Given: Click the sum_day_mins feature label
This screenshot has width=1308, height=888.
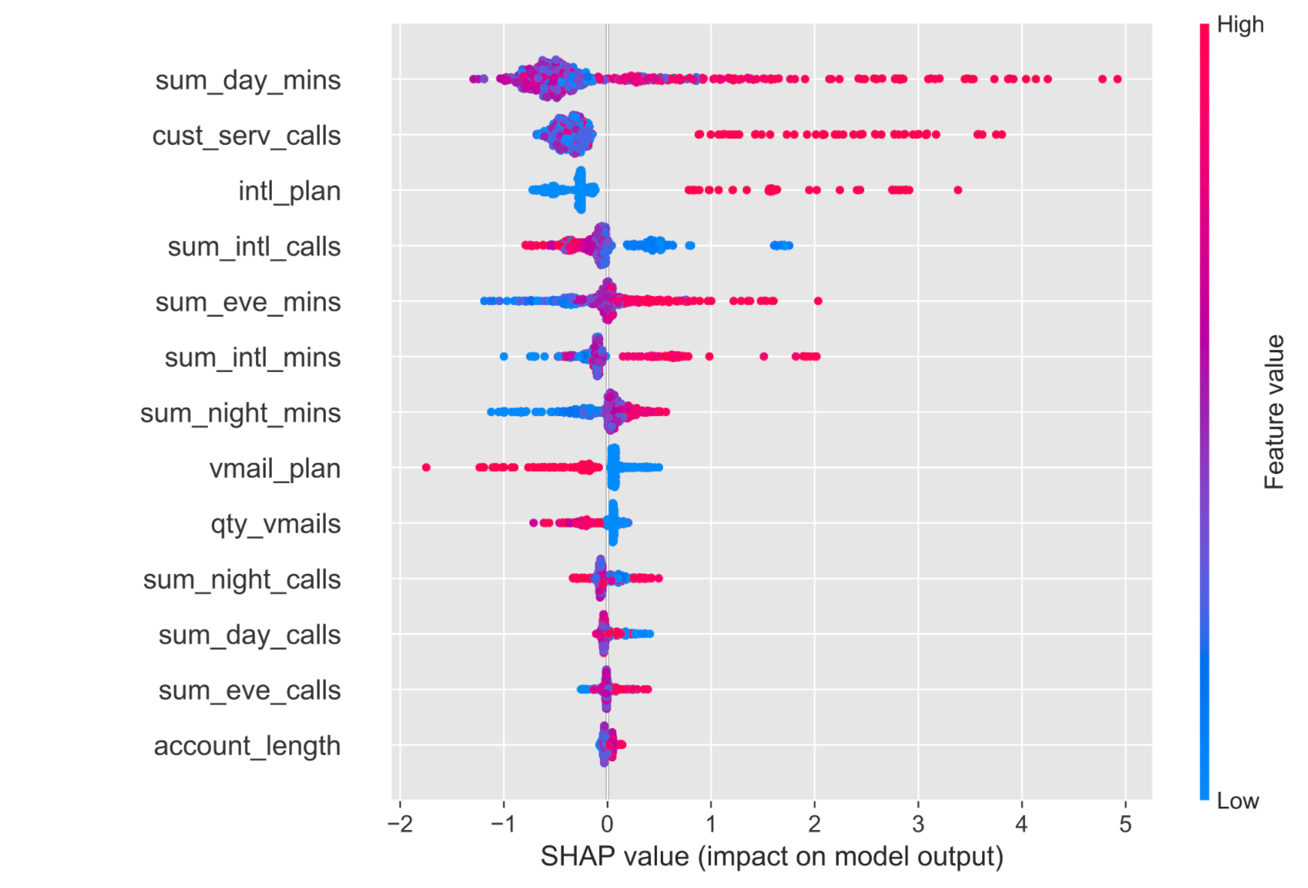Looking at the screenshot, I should [x=248, y=80].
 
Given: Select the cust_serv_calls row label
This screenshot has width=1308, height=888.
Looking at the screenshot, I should [x=246, y=136].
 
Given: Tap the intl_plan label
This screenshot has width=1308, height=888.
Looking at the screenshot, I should [x=289, y=192].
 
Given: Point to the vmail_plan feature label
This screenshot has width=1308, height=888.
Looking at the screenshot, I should [x=275, y=469].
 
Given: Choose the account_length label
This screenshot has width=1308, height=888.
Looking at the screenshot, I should [x=247, y=746].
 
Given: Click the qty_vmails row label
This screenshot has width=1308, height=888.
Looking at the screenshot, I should [x=276, y=524].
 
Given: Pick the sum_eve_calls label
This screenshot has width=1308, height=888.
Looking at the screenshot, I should [x=249, y=690].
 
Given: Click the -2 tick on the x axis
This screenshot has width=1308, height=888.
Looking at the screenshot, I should [x=399, y=824].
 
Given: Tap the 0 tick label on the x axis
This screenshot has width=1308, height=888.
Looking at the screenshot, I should [x=607, y=824].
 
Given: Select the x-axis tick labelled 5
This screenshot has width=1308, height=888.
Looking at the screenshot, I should [x=1125, y=824].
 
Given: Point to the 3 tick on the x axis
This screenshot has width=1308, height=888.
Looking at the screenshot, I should [x=918, y=824].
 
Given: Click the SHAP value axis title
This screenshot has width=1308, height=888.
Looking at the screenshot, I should [x=771, y=856].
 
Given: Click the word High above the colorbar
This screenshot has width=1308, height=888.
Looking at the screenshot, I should [x=1240, y=25].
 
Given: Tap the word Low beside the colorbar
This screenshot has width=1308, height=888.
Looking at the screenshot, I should [x=1237, y=801].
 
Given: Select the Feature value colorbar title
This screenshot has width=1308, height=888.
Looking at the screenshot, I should [x=1274, y=412].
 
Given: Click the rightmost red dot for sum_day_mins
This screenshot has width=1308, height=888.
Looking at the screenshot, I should [x=1117, y=79].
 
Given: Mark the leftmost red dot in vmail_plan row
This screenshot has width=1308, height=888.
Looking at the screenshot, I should [x=426, y=467].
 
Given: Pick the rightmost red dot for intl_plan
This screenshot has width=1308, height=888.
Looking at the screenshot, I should [x=957, y=190].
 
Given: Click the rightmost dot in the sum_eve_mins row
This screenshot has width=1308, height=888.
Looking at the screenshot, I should [x=818, y=301].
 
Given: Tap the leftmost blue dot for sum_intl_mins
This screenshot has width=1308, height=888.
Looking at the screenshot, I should [x=503, y=357].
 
